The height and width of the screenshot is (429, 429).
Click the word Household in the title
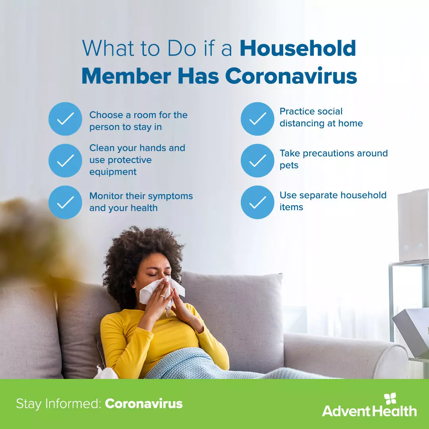[x=298, y=48]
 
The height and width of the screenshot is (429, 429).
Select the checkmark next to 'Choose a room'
[x=65, y=119]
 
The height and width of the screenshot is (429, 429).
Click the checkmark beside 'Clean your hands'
[x=65, y=160]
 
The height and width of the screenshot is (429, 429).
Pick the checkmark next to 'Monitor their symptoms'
[x=65, y=202]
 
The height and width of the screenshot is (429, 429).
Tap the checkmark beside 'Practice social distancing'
[x=257, y=119]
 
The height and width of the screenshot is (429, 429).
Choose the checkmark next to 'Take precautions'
[x=257, y=160]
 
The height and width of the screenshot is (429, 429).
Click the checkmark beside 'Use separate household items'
[x=257, y=202]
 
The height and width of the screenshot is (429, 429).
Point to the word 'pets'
[x=289, y=165]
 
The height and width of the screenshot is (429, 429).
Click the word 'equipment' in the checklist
[x=113, y=172]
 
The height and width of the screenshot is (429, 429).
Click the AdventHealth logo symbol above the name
[x=390, y=399]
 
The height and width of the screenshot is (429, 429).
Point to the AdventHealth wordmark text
[x=369, y=411]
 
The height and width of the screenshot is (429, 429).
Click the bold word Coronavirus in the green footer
[x=144, y=404]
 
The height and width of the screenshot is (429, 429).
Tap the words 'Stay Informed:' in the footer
[x=58, y=404]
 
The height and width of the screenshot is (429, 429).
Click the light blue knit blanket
[x=191, y=363]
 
